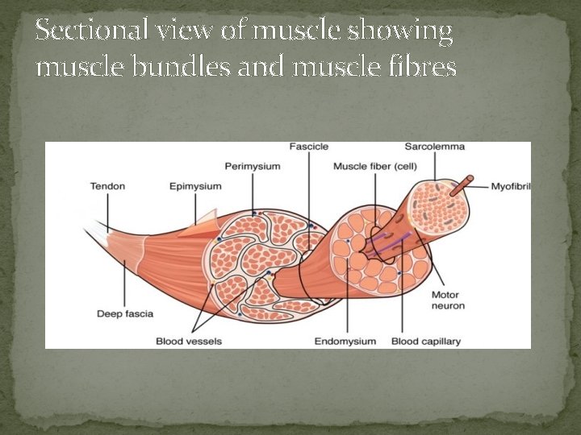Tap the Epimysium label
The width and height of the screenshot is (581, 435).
click(195, 186)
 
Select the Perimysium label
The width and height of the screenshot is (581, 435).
click(253, 166)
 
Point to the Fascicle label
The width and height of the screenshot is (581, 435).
click(309, 147)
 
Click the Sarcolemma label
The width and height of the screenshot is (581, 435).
click(434, 147)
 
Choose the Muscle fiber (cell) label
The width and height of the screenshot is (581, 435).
click(374, 166)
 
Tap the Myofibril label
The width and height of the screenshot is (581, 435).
click(511, 186)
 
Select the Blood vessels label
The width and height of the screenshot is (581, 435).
click(189, 341)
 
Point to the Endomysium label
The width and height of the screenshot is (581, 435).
click(345, 341)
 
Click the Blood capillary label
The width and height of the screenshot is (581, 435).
click(426, 341)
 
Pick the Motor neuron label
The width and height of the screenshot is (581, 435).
click(448, 300)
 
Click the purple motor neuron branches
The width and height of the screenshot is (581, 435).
click(391, 241)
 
